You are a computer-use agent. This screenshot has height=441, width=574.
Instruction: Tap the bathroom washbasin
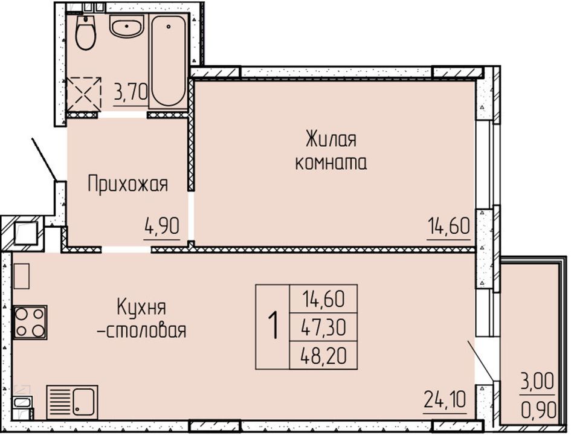click(x=127, y=28)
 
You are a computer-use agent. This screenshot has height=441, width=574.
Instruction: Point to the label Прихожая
click(x=127, y=184)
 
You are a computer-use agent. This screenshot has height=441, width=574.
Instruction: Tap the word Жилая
click(x=331, y=140)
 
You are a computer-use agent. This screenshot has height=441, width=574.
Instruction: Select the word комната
click(x=331, y=163)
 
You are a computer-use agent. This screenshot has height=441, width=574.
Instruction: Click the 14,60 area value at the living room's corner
click(x=448, y=225)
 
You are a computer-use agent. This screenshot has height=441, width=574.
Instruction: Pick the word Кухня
click(x=141, y=307)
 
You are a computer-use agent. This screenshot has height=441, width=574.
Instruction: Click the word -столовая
click(x=141, y=330)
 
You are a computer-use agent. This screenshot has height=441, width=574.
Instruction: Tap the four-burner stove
click(x=30, y=323)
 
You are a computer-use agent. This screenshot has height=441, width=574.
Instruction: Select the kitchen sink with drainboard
click(x=72, y=402)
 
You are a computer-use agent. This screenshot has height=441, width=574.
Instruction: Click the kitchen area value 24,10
click(x=445, y=399)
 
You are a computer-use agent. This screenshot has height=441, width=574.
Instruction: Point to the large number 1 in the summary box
click(x=274, y=325)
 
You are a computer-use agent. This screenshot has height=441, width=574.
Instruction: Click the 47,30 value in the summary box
click(x=324, y=327)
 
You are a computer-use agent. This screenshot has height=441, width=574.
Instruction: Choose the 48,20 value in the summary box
click(x=324, y=356)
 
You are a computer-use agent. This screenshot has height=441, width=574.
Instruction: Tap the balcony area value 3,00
click(x=537, y=382)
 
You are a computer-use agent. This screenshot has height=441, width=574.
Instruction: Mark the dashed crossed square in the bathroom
click(x=84, y=93)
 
